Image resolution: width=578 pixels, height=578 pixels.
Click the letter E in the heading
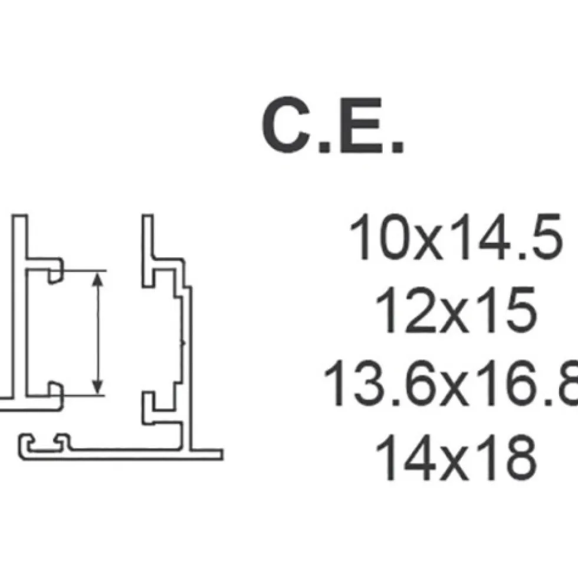[360, 125]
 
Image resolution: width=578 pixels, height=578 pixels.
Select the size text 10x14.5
[456, 237]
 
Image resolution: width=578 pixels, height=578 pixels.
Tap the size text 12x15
[456, 310]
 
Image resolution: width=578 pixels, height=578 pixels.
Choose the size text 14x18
[456, 457]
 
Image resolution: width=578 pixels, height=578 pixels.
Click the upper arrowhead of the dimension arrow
[97, 280]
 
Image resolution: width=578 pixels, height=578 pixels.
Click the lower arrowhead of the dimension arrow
[97, 387]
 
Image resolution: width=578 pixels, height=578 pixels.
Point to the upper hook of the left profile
[55, 271]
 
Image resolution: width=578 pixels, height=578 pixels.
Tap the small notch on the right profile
[183, 344]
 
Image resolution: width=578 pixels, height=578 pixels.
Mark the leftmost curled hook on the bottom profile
[26, 442]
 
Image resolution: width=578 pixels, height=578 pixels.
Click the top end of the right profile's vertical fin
[147, 215]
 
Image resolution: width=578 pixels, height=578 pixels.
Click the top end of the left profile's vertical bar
[19, 215]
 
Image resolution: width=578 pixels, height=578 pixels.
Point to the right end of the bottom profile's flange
[222, 454]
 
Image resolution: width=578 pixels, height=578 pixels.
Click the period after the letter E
[397, 147]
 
